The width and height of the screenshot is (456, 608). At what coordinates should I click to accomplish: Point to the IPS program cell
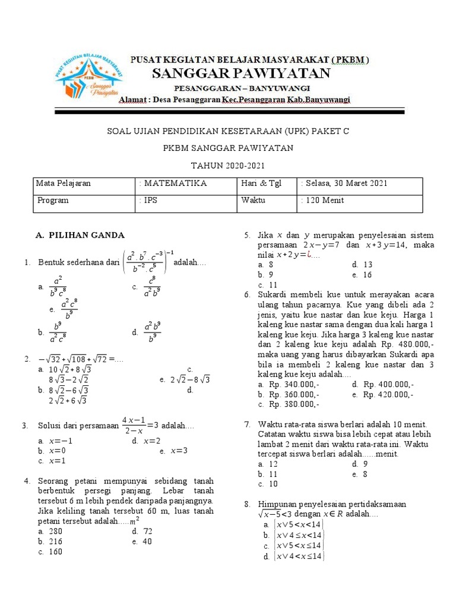[x=148, y=200]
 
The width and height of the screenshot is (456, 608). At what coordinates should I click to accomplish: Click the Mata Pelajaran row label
[x=64, y=183]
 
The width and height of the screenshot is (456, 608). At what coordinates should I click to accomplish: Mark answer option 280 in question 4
[x=56, y=531]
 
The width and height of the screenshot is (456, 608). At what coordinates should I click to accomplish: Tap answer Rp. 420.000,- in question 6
[x=388, y=394]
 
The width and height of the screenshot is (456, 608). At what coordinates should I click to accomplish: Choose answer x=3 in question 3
[x=179, y=451]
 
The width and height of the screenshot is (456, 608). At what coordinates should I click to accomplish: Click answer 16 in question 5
[x=367, y=275]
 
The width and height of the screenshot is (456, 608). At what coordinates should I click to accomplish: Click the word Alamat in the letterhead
[x=134, y=99]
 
